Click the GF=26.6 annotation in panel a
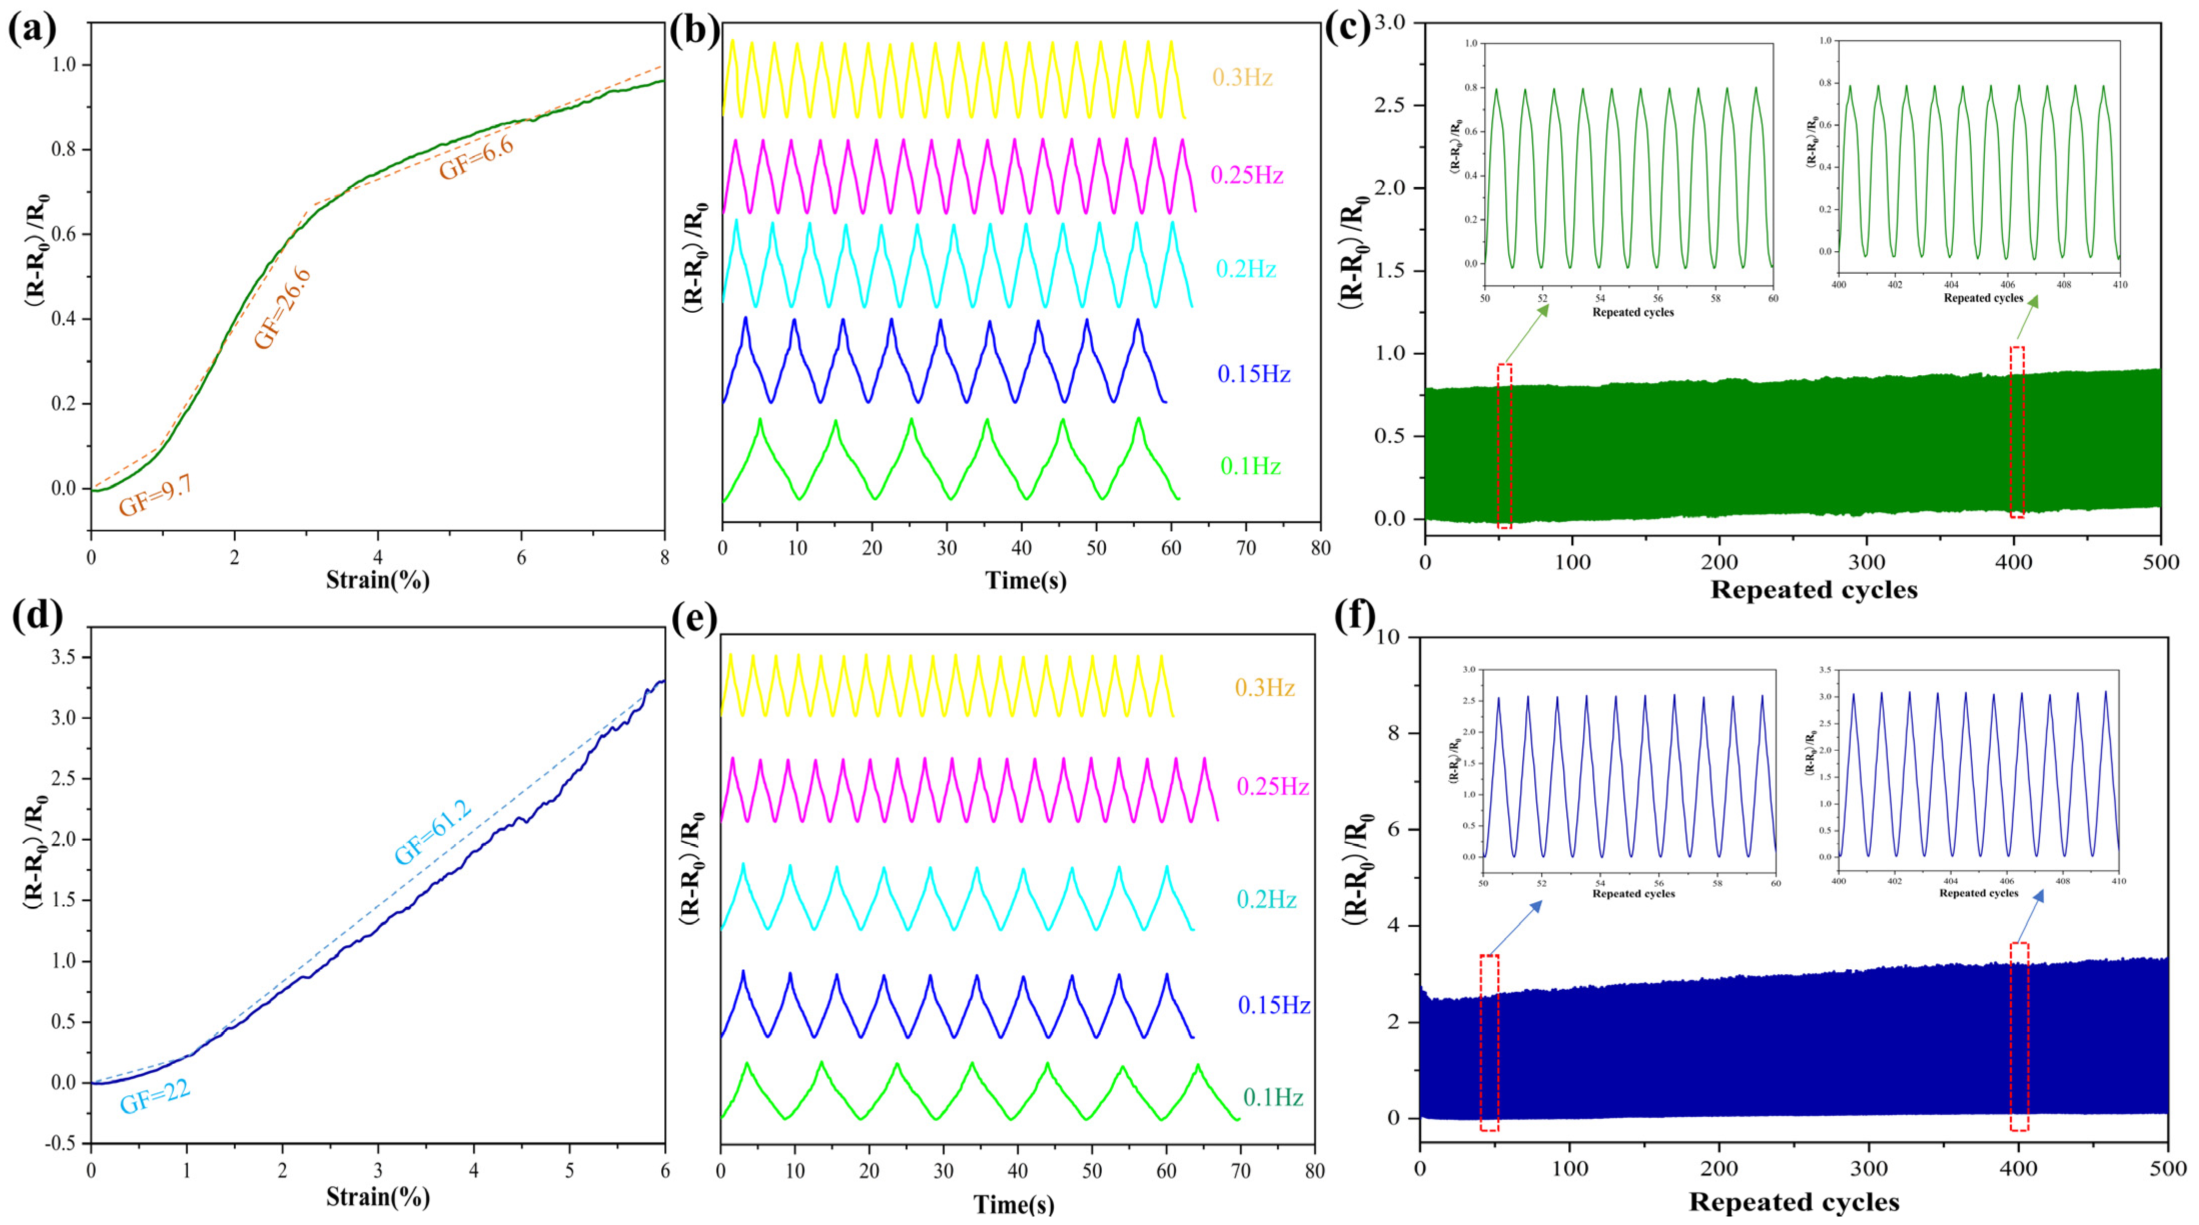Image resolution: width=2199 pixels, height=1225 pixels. (282, 308)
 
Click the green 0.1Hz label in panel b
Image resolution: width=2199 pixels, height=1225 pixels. (1250, 466)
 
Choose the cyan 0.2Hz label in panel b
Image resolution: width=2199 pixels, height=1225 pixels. (1246, 269)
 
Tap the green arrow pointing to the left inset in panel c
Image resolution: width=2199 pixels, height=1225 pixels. (1526, 333)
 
